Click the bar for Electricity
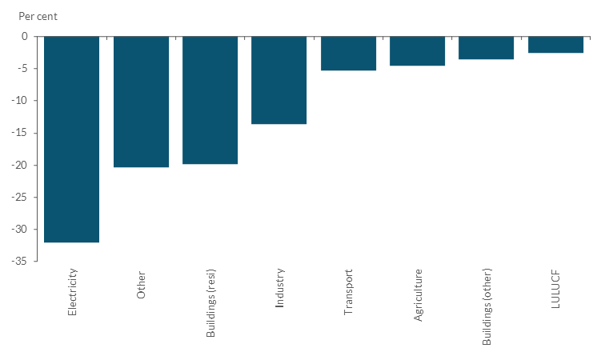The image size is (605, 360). pyautogui.click(x=71, y=139)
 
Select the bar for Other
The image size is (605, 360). pyautogui.click(x=141, y=102)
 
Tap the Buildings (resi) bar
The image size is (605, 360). pyautogui.click(x=210, y=100)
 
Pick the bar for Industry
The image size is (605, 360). pyautogui.click(x=278, y=80)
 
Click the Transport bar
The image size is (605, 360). pyautogui.click(x=348, y=54)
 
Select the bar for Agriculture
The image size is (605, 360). pyautogui.click(x=417, y=51)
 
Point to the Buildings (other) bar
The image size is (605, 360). pyautogui.click(x=486, y=48)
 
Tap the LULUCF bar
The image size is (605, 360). pyautogui.click(x=555, y=45)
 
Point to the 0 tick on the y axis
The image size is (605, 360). pyautogui.click(x=24, y=37)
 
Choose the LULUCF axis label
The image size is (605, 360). pyautogui.click(x=555, y=288)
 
